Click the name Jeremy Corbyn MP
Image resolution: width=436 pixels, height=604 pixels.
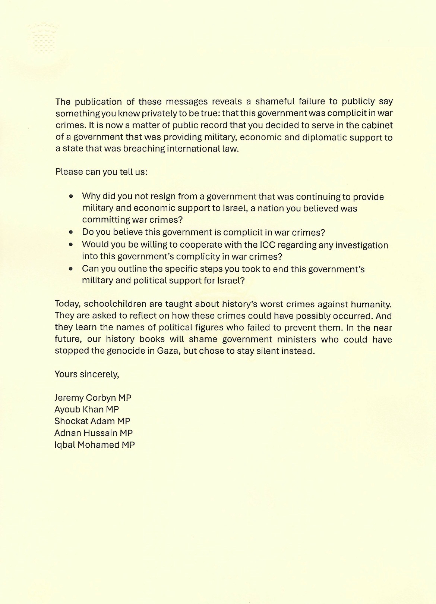93,398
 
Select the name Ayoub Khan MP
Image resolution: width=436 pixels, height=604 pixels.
86,409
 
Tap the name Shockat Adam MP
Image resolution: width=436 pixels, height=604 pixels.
92,421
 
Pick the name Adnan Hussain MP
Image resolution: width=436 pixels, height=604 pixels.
94,433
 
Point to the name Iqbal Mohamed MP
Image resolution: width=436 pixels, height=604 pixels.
94,445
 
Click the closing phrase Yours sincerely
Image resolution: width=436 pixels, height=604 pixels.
87,374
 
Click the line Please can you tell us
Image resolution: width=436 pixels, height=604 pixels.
101,172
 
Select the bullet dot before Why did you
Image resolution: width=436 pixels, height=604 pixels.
71,196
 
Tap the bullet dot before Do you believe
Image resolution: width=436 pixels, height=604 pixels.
71,232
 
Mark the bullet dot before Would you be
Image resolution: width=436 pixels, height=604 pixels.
71,245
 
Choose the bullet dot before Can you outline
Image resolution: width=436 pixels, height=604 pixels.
71,269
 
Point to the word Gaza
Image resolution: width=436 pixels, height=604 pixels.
159,351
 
